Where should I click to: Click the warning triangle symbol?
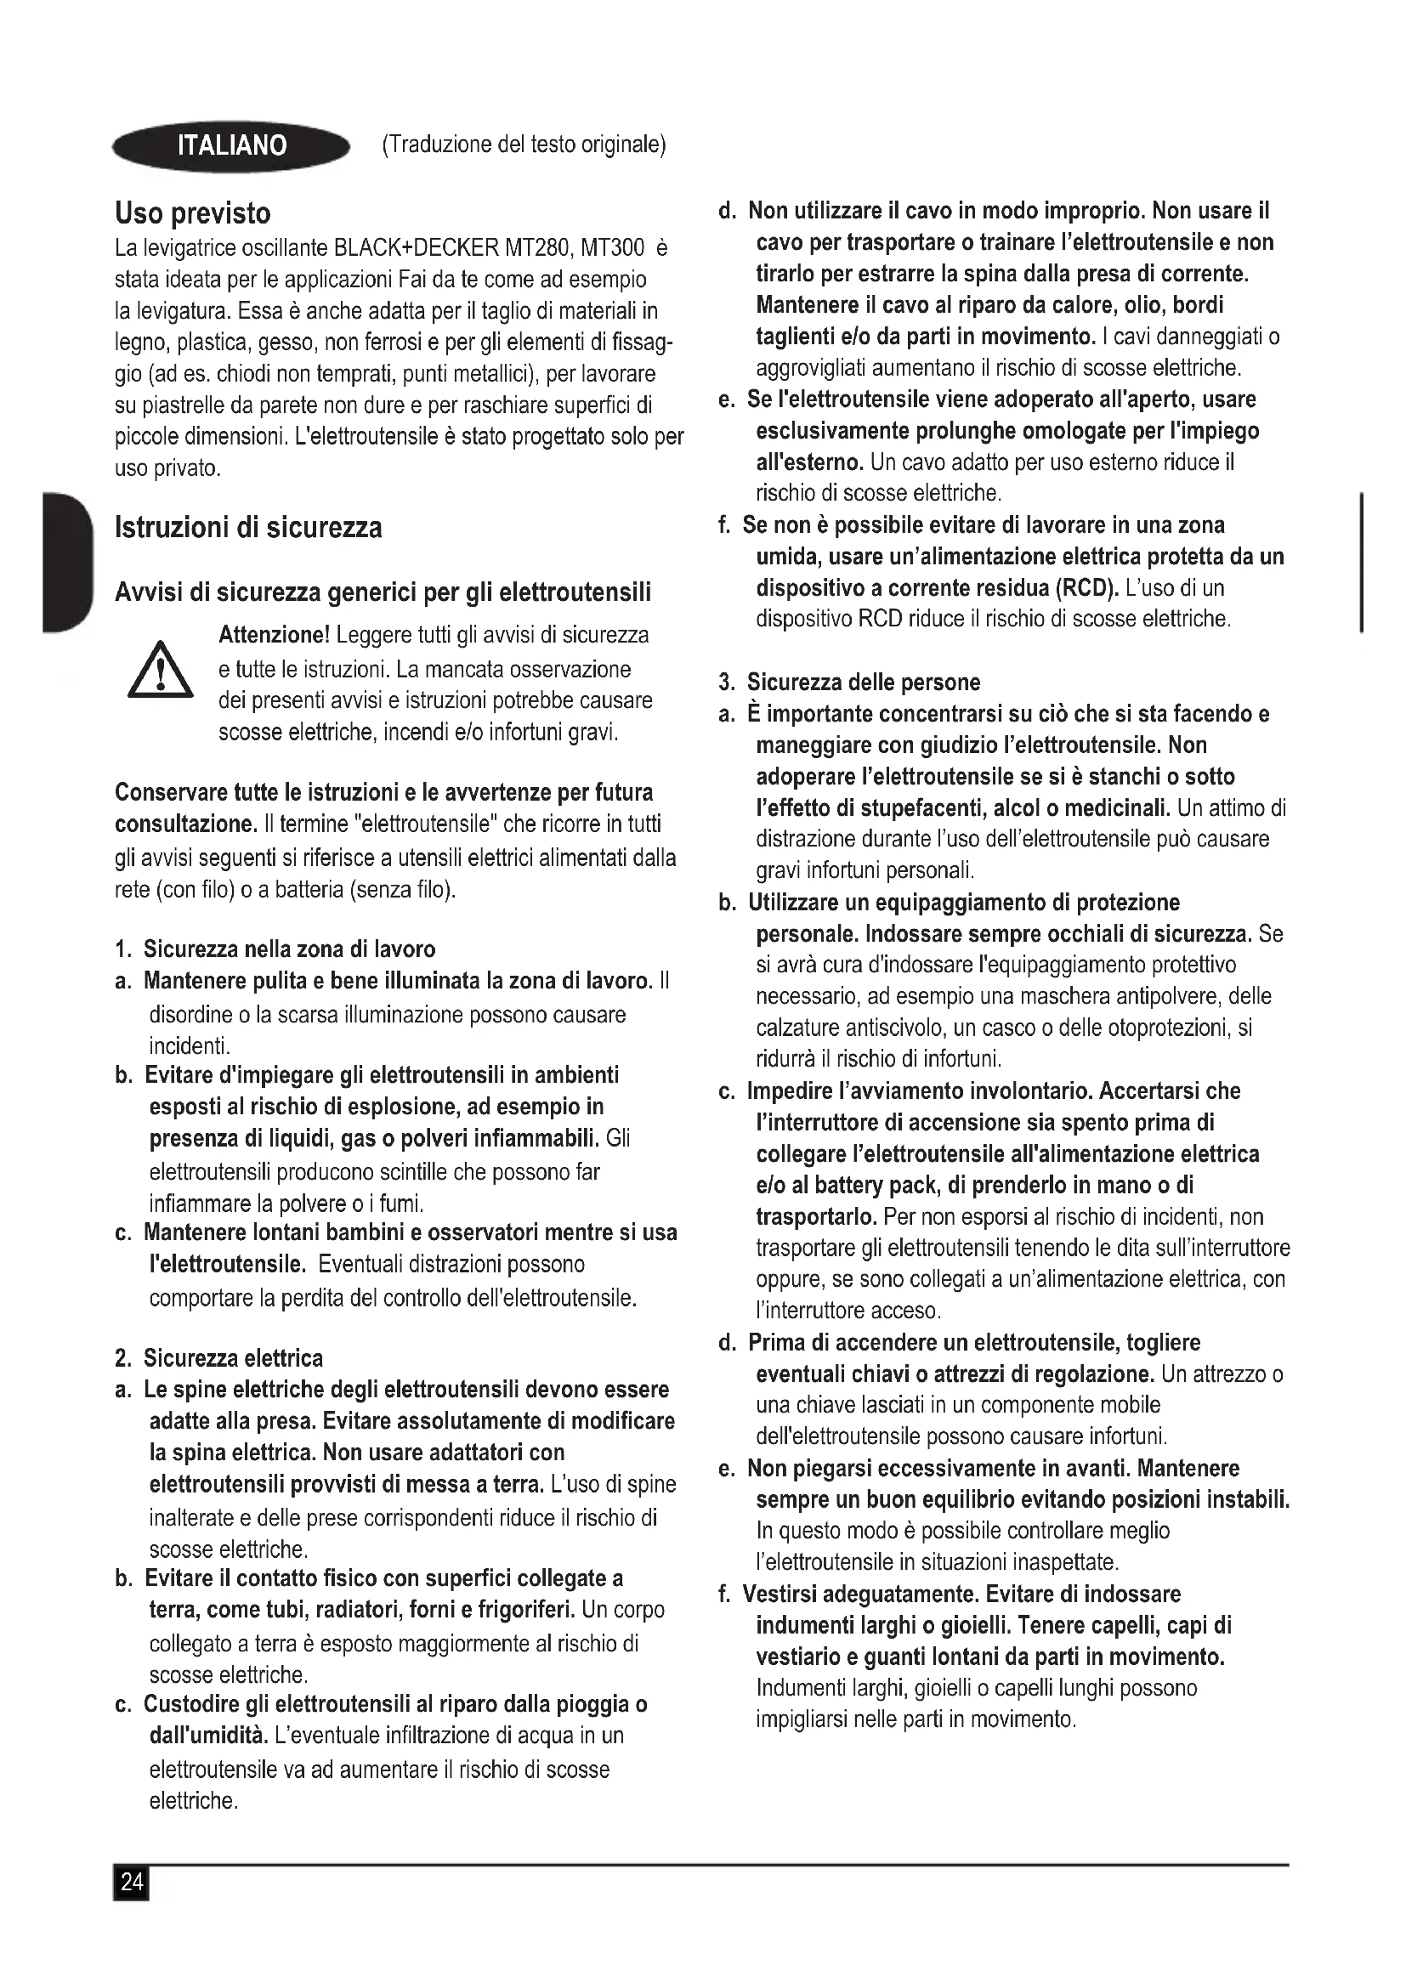point(160,671)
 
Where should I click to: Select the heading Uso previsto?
point(192,213)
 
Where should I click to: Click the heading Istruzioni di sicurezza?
point(247,527)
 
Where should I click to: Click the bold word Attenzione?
point(274,636)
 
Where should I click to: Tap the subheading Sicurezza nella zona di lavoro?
point(289,949)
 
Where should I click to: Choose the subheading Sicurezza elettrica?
point(233,1357)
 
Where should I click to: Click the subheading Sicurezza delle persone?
point(863,682)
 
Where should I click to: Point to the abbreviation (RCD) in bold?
point(1086,588)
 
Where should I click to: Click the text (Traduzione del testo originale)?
point(524,144)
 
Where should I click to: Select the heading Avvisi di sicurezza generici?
point(383,592)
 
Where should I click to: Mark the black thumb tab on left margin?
point(65,563)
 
